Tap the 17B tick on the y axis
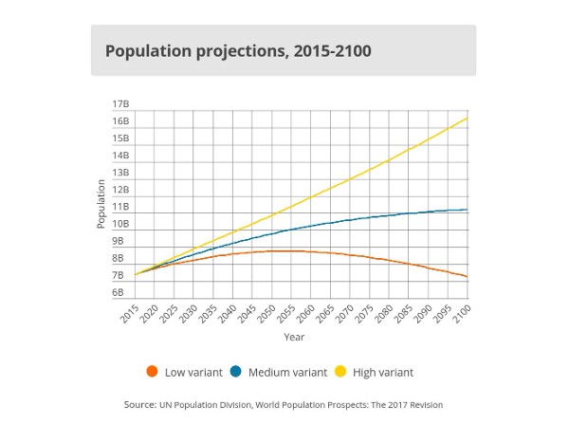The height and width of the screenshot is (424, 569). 120,103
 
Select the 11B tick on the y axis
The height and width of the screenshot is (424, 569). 120,207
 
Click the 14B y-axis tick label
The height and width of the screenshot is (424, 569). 120,156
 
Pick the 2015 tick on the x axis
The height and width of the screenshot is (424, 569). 131,314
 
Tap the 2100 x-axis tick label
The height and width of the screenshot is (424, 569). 462,314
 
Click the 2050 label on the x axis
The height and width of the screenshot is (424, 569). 267,314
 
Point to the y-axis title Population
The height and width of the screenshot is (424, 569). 101,203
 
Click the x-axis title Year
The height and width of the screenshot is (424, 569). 294,337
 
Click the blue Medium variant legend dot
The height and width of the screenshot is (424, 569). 236,372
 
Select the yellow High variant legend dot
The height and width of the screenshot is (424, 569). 341,372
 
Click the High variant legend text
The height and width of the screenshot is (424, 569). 383,373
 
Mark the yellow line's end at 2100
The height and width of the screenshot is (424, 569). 468,119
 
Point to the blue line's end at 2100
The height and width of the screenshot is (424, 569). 468,210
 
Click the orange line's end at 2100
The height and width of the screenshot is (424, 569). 468,277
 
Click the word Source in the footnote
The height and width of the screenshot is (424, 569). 139,405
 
